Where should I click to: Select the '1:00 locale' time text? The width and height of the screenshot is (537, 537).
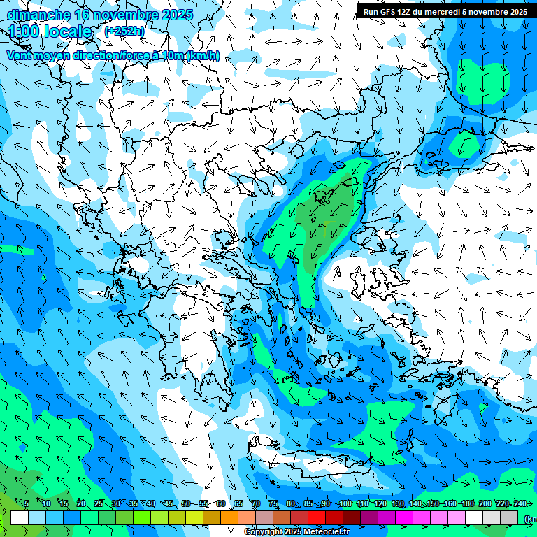point(50,32)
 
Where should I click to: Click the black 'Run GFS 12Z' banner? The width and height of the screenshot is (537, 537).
point(445,11)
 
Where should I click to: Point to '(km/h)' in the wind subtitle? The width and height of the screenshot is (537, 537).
point(203,56)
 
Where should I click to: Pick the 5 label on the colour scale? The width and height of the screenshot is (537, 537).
point(26,503)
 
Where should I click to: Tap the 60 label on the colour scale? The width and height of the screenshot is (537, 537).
point(221,503)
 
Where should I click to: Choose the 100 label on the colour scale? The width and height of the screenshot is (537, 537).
point(345,503)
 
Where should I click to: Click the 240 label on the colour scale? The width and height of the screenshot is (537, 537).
point(520,503)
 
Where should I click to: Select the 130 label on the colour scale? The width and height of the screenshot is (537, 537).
point(397,503)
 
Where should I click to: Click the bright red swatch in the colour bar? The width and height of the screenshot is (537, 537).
point(317,517)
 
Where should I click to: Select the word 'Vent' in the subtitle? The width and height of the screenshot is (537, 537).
point(20,56)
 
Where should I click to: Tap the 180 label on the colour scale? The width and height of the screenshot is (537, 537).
point(468,503)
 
